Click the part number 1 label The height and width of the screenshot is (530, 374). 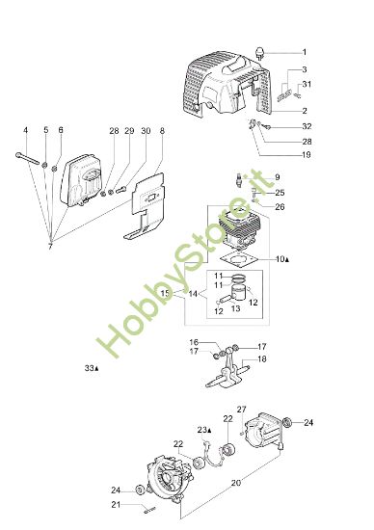pos(305,52)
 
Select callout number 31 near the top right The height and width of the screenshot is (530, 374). pos(307,86)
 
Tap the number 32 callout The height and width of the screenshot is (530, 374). pos(307,126)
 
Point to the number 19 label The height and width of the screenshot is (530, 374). pos(306,155)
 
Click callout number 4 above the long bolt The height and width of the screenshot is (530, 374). pos(26,130)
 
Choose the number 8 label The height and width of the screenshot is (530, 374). pos(162,130)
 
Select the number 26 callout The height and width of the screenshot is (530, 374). pos(280,207)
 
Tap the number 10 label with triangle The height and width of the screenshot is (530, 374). pos(282,260)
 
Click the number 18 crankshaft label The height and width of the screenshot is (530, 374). pos(262,358)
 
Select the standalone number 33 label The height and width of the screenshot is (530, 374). pos(92,368)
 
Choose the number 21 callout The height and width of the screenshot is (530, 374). pos(117,504)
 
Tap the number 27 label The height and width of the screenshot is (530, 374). pos(242,410)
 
